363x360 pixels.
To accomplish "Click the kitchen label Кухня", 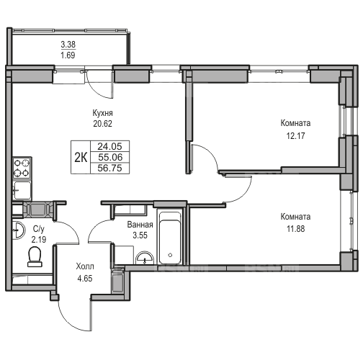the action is coord(102,113).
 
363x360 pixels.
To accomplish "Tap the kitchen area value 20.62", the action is coord(102,124).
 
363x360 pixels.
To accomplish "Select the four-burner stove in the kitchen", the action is coord(22,168).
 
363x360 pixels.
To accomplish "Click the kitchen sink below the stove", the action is coord(22,190).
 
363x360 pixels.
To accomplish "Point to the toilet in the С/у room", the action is coord(35,256).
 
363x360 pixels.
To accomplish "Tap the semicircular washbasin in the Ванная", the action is coord(145,258).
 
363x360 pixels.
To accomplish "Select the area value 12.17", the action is coord(295,136).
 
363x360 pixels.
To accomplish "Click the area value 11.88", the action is coord(295,229).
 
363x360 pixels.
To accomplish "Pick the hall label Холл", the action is coord(85,266).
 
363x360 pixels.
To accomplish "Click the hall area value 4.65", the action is coord(85,279).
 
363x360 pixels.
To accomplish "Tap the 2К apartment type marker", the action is coord(81,158).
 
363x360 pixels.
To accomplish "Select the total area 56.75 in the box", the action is coord(110,168).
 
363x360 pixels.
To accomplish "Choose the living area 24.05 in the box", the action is coord(110,146).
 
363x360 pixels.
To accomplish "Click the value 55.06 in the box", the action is coord(110,157).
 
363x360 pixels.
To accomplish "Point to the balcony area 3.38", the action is coord(68,45).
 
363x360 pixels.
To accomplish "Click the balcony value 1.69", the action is coord(68,55).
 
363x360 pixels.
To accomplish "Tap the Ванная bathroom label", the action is coord(140,225).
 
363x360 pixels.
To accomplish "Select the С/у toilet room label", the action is coord(39,229).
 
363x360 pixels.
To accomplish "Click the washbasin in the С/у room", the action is coord(19,230).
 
